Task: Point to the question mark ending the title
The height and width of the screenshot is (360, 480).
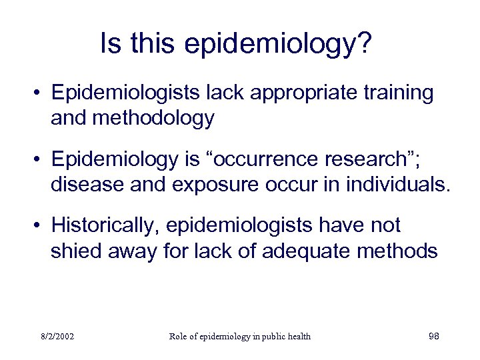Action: pyautogui.click(x=365, y=44)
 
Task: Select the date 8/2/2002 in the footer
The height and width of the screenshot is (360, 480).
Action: pyautogui.click(x=56, y=336)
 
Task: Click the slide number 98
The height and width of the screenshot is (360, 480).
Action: pyautogui.click(x=433, y=336)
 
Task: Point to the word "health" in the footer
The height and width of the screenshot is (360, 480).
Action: pyautogui.click(x=297, y=336)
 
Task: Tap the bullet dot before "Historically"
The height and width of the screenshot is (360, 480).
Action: pyautogui.click(x=41, y=226)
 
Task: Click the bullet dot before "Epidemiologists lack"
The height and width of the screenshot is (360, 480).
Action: pyautogui.click(x=41, y=93)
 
